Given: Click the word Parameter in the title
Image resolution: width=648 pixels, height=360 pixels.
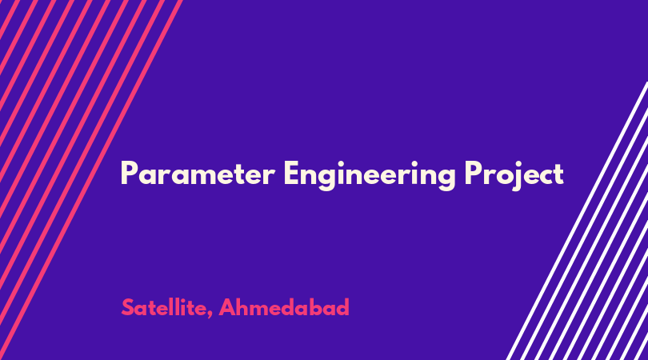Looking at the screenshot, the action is point(198,174).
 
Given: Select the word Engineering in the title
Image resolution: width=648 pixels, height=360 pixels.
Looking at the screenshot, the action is point(370,175).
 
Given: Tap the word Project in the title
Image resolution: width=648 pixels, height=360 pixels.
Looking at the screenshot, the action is point(514,175).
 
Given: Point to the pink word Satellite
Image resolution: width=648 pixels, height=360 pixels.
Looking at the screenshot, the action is point(164,308).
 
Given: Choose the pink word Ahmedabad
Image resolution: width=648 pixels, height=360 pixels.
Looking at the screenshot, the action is point(284,307).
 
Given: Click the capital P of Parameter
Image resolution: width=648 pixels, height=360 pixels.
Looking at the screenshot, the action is point(129,174).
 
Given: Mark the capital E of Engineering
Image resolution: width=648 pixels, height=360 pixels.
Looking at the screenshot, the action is point(291,174).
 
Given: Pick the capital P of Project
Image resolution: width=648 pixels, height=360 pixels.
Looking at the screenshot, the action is point(473,174).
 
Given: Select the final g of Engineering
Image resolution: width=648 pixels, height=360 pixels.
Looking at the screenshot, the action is point(446,179).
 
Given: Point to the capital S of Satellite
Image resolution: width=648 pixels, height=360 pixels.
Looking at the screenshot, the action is point(129,307).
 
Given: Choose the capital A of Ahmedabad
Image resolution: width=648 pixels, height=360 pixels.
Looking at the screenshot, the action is point(227,307).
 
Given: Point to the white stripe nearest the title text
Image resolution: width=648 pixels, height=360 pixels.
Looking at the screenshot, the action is point(577,221).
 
